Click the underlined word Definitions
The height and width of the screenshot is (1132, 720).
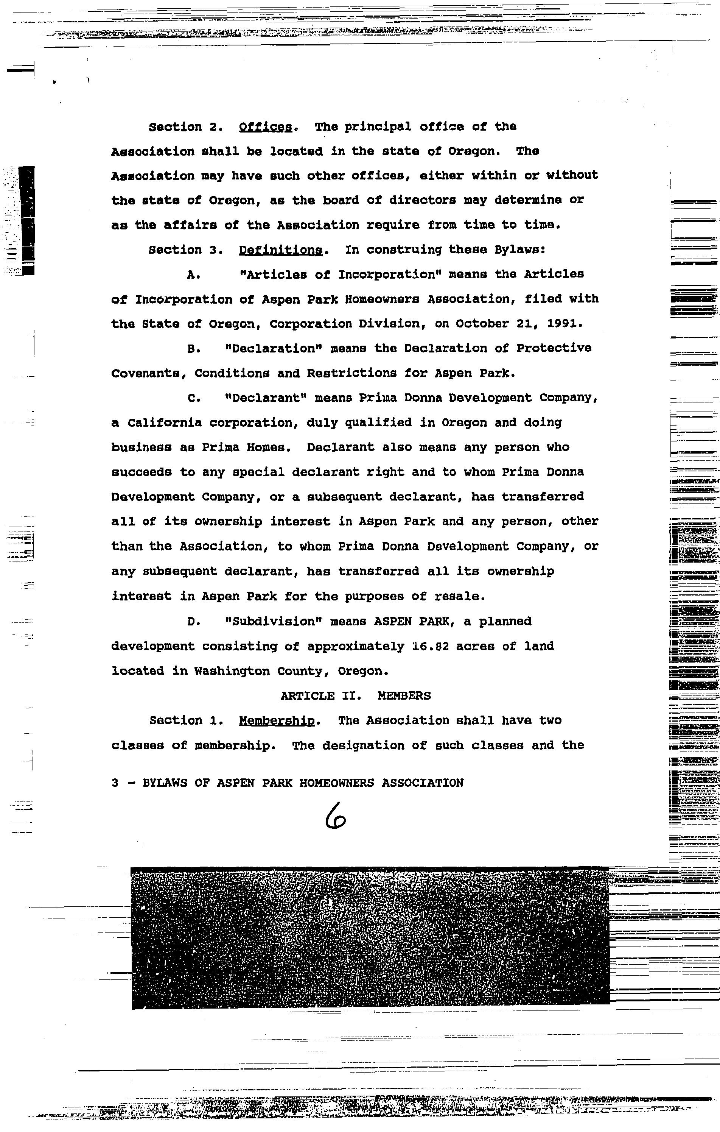click(x=280, y=250)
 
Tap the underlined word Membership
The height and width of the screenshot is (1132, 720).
click(x=277, y=721)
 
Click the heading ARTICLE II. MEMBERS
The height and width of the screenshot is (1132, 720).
click(x=356, y=696)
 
